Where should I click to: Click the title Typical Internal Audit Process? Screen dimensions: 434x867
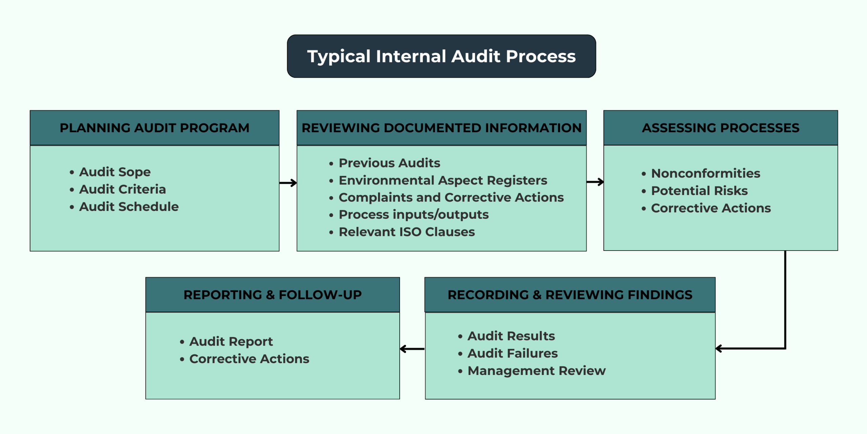[x=441, y=56]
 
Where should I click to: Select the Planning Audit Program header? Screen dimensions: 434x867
[x=154, y=128]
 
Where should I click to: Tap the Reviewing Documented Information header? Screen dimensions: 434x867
[x=441, y=128]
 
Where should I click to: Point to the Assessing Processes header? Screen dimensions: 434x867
[x=720, y=128]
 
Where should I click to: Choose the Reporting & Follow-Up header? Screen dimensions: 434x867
[x=272, y=295]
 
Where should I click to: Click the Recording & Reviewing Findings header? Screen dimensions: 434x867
[x=570, y=295]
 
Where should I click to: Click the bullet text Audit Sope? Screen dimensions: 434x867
[x=115, y=172]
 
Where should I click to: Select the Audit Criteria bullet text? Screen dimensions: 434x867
[x=122, y=189]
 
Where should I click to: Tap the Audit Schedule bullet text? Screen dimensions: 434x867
[x=129, y=206]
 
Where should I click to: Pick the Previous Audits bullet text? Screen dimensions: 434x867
[x=389, y=163]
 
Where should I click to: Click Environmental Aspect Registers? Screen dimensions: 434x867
[x=443, y=180]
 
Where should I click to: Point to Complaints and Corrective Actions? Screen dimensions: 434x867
[x=451, y=197]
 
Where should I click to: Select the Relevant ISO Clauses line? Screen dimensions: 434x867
[x=406, y=232]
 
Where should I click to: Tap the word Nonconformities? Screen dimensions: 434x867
[x=705, y=173]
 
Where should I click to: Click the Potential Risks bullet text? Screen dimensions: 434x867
[x=699, y=191]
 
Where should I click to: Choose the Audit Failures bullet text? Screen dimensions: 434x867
[x=512, y=353]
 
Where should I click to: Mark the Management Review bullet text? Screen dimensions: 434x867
[x=536, y=371]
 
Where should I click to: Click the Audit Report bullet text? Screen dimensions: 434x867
[x=231, y=341]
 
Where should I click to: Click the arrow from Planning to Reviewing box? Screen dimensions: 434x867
[x=288, y=183]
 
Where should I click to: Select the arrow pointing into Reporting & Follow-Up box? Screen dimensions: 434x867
[x=412, y=349]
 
